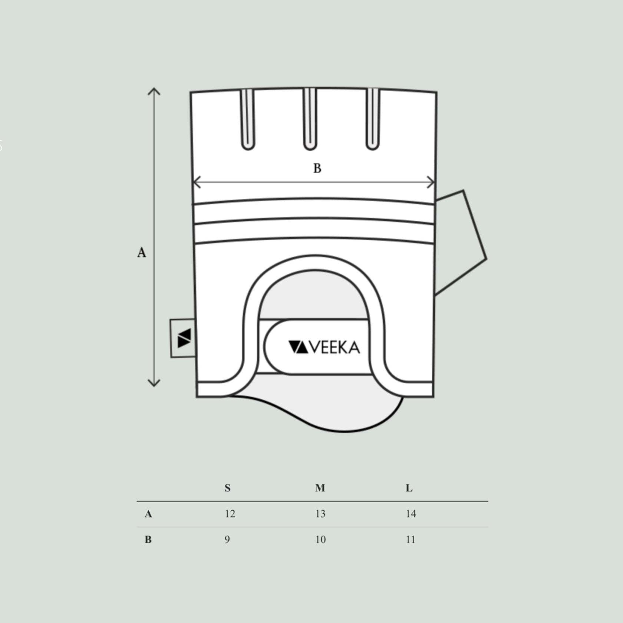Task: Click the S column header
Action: point(228,488)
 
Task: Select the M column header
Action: point(320,488)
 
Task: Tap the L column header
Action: point(409,488)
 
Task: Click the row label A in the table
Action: point(148,514)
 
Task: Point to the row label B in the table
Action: point(148,540)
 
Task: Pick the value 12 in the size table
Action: point(230,514)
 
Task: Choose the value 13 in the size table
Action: point(320,514)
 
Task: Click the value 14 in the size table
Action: point(411,514)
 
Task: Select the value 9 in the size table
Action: point(227,540)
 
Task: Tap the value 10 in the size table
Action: point(320,540)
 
